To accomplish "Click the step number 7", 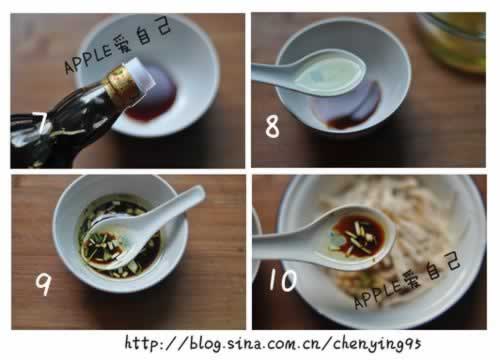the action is click(x=41, y=123).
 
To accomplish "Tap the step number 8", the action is click(x=272, y=126).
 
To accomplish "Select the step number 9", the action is click(x=43, y=284).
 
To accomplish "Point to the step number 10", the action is click(x=283, y=279).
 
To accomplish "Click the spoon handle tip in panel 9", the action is click(x=199, y=192).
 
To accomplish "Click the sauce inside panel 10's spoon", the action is click(x=358, y=235).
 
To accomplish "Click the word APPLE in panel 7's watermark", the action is click(x=88, y=61).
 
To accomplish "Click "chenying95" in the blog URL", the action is click(x=377, y=343).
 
